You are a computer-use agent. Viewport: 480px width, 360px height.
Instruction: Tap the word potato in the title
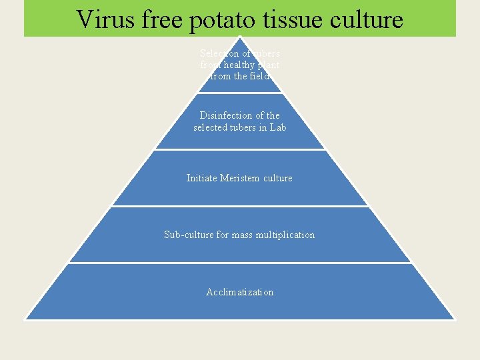click(221, 21)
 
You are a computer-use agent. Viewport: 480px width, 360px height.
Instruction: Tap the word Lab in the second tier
click(278, 127)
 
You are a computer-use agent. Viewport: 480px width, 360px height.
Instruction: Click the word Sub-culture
click(189, 235)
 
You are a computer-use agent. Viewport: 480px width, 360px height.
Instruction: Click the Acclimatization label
click(240, 292)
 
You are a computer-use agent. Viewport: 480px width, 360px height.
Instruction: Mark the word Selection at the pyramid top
click(216, 53)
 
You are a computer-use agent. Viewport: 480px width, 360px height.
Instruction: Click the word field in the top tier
click(258, 76)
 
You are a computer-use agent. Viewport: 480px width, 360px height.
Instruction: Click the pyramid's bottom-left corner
click(25, 319)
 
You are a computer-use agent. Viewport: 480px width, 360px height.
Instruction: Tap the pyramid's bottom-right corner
click(455, 319)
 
